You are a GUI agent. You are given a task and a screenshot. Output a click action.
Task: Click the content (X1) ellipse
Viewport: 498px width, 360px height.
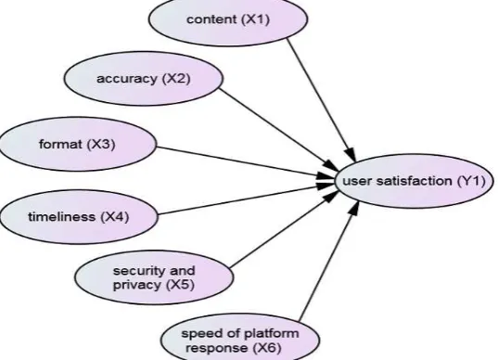tap(228, 19)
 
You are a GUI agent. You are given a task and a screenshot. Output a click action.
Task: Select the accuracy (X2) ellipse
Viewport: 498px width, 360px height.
tap(143, 79)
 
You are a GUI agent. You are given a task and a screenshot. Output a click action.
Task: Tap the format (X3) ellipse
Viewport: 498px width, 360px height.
tap(78, 144)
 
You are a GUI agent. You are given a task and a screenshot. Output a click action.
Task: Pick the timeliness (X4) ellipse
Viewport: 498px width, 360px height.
tap(78, 217)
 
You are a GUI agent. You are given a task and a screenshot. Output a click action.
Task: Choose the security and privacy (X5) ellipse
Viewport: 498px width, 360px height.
tap(154, 277)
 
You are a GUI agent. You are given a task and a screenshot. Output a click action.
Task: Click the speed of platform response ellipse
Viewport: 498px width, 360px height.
tap(240, 339)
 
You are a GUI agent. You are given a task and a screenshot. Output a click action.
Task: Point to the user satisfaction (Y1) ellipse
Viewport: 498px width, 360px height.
tap(415, 181)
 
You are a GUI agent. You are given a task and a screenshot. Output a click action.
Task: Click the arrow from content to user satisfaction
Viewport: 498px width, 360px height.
tap(321, 99)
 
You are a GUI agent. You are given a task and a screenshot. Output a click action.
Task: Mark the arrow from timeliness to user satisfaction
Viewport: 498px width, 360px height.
tap(246, 199)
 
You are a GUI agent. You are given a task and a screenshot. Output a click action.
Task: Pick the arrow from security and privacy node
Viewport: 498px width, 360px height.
tap(285, 229)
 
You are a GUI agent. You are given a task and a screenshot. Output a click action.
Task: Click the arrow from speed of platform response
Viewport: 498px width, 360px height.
tap(329, 260)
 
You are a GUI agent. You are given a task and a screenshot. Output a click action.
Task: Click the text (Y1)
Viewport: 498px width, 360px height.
tap(471, 181)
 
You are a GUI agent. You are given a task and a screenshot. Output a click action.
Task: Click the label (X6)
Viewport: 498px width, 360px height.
tap(267, 348)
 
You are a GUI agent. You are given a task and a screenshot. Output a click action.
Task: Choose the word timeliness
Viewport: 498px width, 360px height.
tap(61, 217)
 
